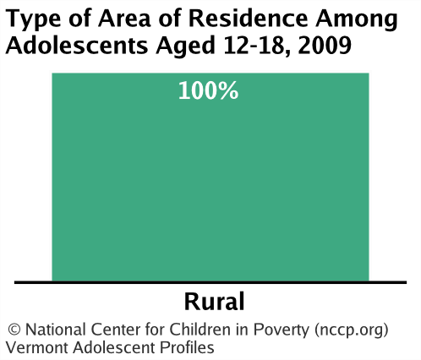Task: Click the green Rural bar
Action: pos(210,177)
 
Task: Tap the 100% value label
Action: pos(209,90)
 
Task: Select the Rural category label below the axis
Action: pos(215,302)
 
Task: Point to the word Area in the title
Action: pos(124,19)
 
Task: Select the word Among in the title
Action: pos(357,20)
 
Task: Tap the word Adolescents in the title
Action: pos(77,46)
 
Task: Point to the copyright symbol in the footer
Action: pos(14,330)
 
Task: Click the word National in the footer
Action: pos(56,330)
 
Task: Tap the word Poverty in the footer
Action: pos(282,330)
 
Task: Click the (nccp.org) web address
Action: pos(352,330)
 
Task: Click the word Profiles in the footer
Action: pos(187,347)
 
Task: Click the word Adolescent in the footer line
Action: pos(114,347)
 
